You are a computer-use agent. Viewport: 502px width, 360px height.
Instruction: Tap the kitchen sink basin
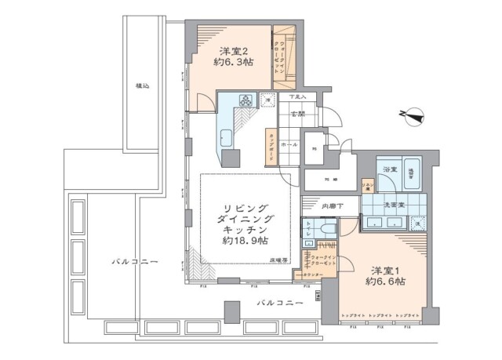(225, 137)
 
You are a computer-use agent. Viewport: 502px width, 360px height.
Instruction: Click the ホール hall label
(289, 146)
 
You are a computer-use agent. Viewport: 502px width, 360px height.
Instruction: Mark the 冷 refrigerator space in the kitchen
(268, 102)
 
